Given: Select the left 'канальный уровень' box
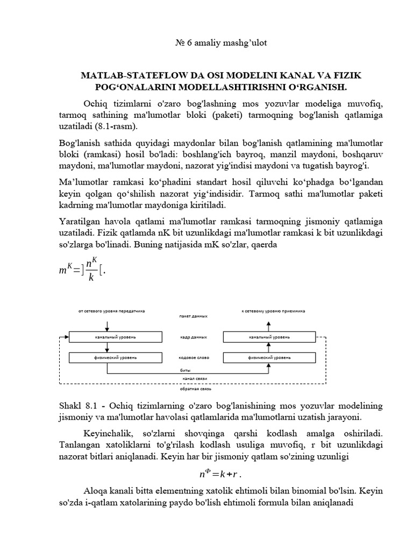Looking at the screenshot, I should (116, 337).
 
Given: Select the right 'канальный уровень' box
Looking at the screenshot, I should (269, 337).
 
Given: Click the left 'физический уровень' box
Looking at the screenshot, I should (116, 357).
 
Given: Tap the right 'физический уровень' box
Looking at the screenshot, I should (269, 357).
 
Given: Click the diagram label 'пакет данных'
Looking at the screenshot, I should (193, 317).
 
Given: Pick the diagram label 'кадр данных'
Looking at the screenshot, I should (193, 337).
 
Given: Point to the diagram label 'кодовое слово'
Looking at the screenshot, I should (193, 357).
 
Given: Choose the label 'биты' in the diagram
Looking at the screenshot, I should (185, 371).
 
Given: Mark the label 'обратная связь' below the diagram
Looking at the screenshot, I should (193, 388).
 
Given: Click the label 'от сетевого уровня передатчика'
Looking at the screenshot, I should (111, 311).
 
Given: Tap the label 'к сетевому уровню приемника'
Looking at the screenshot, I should (273, 311).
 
